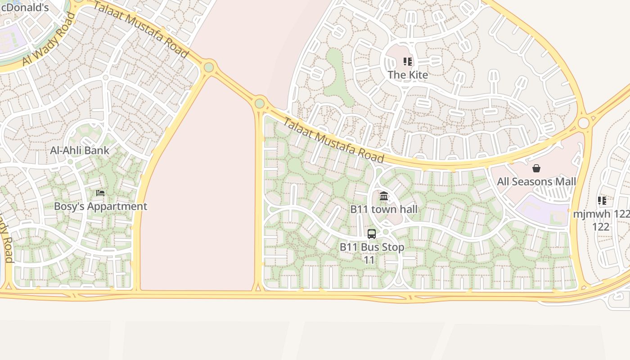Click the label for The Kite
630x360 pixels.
[408, 75]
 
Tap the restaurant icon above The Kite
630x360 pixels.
[408, 62]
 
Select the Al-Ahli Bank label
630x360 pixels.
[80, 150]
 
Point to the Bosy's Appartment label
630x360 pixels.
[100, 207]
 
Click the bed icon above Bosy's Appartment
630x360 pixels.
[100, 193]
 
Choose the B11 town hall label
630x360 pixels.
[384, 209]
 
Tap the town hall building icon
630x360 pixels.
[384, 196]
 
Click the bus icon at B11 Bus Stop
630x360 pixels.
[372, 234]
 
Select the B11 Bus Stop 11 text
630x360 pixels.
[372, 253]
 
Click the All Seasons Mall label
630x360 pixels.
[536, 182]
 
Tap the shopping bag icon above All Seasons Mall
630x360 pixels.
[536, 169]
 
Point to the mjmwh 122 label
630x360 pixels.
[600, 220]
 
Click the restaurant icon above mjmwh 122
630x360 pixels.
[602, 201]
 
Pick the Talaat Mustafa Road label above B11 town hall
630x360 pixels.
[333, 140]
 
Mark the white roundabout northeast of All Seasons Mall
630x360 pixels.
[584, 123]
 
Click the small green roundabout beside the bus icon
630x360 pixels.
[386, 232]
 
